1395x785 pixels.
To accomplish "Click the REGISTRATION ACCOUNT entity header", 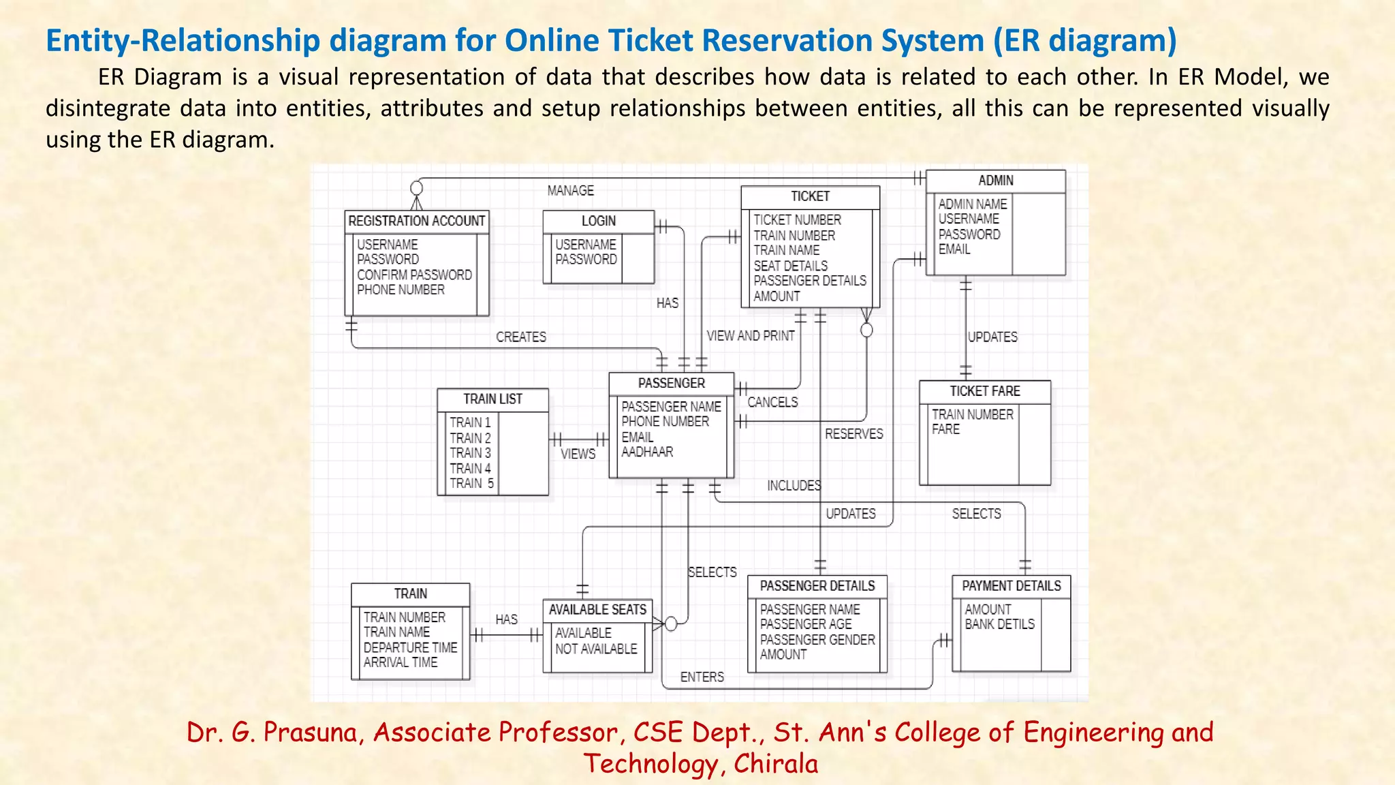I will coord(416,221).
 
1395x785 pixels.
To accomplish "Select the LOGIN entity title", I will coord(598,221).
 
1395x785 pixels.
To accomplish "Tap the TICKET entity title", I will coord(810,197).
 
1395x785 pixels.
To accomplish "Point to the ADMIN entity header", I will coord(995,181).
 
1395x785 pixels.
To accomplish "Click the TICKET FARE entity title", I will coord(985,391).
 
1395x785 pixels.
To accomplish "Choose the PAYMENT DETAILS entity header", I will coord(1011,586).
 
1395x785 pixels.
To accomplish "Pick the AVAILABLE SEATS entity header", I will coord(597,610).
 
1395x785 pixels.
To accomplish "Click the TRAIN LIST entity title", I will coord(492,399).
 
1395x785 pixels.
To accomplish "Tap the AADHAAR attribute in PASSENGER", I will coord(647,452).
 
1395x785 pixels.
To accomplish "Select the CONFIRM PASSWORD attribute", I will coord(414,275).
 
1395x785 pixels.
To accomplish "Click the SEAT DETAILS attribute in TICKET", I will coord(790,266).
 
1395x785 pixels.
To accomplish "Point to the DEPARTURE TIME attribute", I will coord(410,647).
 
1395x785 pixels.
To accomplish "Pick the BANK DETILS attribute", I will coord(999,624).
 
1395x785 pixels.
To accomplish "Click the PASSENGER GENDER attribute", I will coord(817,640).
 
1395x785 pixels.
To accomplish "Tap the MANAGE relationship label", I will coord(570,191).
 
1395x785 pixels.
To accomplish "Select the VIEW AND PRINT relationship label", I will coord(750,336).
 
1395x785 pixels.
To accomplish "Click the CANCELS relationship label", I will coord(772,402).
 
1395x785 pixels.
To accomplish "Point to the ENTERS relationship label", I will coord(702,677).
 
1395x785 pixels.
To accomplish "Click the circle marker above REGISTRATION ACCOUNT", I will coord(417,188).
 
